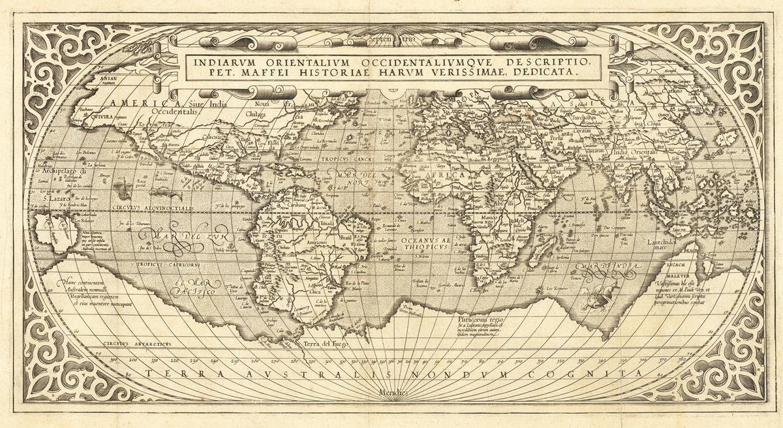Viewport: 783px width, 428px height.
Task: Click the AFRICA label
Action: pos(444,176)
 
